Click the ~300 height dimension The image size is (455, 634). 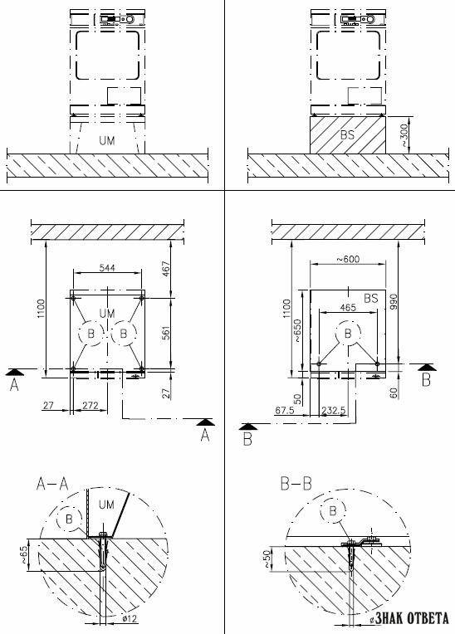(x=405, y=134)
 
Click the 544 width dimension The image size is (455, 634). (x=107, y=268)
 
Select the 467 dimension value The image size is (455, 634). (x=166, y=270)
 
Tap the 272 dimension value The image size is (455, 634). (x=91, y=405)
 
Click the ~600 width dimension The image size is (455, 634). (x=348, y=259)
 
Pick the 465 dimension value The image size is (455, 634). (x=348, y=308)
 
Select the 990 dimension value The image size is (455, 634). (x=394, y=302)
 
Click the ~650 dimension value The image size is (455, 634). (x=297, y=331)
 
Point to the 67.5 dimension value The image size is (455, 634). (x=285, y=411)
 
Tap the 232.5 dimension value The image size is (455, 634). (x=334, y=411)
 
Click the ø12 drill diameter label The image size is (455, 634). (x=130, y=618)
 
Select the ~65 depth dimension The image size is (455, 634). (x=25, y=554)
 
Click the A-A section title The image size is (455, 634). (x=52, y=484)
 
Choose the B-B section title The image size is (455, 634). (x=296, y=484)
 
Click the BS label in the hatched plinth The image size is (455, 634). (x=347, y=134)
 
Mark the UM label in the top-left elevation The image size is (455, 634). (x=107, y=141)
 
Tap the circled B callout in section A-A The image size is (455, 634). (x=69, y=519)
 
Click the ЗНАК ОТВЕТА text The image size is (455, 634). (x=411, y=618)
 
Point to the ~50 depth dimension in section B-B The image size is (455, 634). (x=267, y=558)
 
